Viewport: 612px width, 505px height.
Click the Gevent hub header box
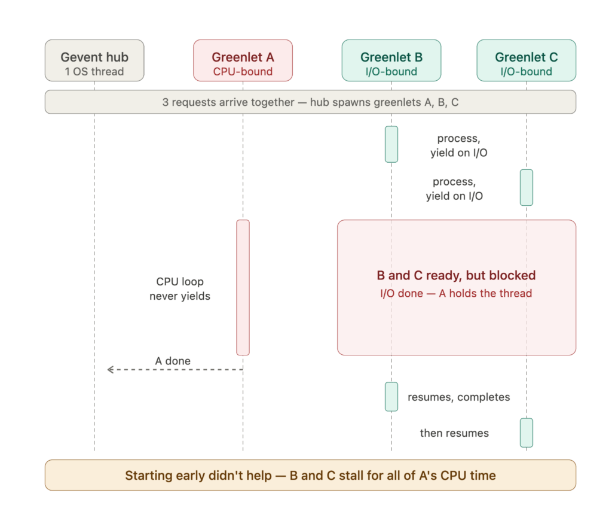[x=94, y=60]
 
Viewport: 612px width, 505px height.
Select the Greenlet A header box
[x=243, y=60]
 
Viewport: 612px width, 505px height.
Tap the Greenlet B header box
[x=391, y=60]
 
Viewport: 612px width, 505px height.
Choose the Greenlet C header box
[x=526, y=60]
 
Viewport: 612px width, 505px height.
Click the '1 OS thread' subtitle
[x=94, y=72]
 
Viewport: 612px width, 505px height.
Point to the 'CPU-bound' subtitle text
[x=243, y=72]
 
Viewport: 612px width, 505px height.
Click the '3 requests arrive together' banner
[x=310, y=102]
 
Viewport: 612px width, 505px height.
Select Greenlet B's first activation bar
[x=391, y=144]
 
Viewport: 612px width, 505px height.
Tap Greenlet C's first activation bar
[x=526, y=188]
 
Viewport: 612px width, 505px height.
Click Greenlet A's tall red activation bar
[x=243, y=288]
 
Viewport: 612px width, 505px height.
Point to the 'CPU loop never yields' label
[x=180, y=289]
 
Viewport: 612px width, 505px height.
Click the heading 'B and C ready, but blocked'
[x=456, y=276]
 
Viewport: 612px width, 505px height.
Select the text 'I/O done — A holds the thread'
[x=456, y=294]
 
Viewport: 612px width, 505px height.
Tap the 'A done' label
[x=173, y=361]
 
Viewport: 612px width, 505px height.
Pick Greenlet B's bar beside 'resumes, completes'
[x=391, y=397]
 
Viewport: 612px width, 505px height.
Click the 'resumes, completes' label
[x=458, y=397]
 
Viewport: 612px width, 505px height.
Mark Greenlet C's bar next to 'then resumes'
[x=526, y=433]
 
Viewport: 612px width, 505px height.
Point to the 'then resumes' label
[x=454, y=433]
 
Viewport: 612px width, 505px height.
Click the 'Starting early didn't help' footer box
[x=310, y=475]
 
